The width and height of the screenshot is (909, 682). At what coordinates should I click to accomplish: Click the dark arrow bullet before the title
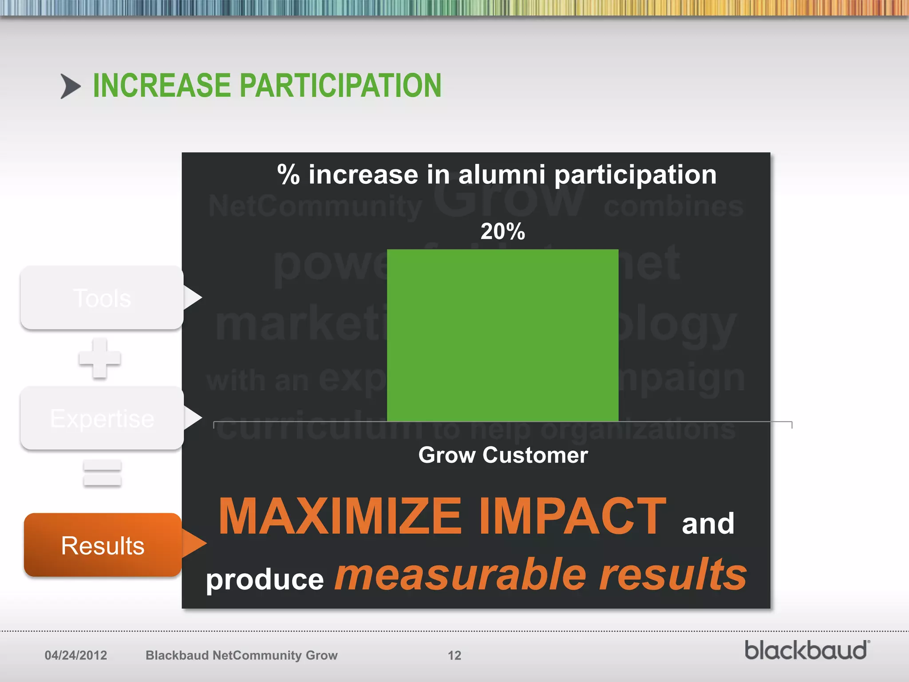(70, 86)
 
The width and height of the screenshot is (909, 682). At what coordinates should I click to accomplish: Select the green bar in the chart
(502, 335)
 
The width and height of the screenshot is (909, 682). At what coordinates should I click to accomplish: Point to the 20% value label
(502, 231)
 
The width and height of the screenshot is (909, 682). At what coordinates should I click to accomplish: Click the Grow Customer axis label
(503, 455)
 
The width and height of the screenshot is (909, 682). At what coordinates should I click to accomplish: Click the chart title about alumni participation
(497, 174)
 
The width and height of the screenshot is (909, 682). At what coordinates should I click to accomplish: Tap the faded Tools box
(102, 298)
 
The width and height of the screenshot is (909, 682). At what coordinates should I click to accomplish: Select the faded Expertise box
(102, 418)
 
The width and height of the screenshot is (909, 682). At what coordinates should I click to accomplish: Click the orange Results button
(103, 545)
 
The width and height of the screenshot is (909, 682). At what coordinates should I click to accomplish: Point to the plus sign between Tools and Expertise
(100, 358)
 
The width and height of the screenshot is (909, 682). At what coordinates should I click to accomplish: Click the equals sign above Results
(102, 472)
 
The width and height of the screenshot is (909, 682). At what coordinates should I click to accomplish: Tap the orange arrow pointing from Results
(194, 543)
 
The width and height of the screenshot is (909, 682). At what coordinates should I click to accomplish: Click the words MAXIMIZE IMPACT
(442, 516)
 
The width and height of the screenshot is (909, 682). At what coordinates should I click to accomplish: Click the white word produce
(265, 579)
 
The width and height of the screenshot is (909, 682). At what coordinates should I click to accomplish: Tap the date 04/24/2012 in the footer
(76, 655)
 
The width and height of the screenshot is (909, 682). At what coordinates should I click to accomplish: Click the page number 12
(454, 655)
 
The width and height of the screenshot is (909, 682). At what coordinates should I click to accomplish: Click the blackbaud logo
(806, 650)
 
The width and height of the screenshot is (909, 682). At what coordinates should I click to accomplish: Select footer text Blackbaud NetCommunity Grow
(241, 655)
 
